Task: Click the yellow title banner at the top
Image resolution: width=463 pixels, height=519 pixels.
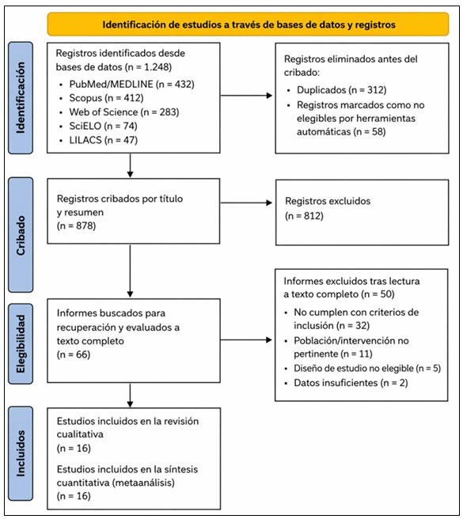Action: [248, 25]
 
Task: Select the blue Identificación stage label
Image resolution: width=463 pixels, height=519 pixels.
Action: [21, 97]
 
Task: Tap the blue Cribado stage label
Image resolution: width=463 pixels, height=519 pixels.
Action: [21, 235]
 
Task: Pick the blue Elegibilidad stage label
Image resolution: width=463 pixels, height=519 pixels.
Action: [21, 343]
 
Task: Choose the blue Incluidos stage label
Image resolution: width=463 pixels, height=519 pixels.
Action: [21, 453]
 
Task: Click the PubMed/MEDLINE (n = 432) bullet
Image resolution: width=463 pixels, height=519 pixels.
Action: [132, 84]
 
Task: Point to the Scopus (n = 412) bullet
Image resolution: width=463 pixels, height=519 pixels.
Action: [106, 98]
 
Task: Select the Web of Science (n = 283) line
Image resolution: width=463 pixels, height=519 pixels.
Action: [124, 112]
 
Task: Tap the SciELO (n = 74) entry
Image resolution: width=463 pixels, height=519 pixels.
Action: [104, 126]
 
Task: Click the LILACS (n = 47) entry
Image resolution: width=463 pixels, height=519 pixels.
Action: [104, 140]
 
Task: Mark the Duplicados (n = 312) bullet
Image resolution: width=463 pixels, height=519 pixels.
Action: [341, 89]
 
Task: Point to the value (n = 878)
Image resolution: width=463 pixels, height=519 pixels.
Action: [77, 225]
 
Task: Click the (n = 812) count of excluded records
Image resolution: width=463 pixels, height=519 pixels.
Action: [305, 216]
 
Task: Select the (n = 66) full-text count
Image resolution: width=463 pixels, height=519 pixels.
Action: [74, 354]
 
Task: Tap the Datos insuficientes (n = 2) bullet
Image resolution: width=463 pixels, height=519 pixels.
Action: [351, 383]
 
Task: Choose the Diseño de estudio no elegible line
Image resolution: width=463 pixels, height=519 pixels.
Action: [354, 368]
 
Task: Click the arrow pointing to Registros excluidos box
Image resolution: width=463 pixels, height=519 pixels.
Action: [246, 203]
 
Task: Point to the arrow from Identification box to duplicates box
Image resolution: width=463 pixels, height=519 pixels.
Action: [246, 95]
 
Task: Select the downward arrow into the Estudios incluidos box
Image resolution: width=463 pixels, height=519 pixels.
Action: [130, 396]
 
